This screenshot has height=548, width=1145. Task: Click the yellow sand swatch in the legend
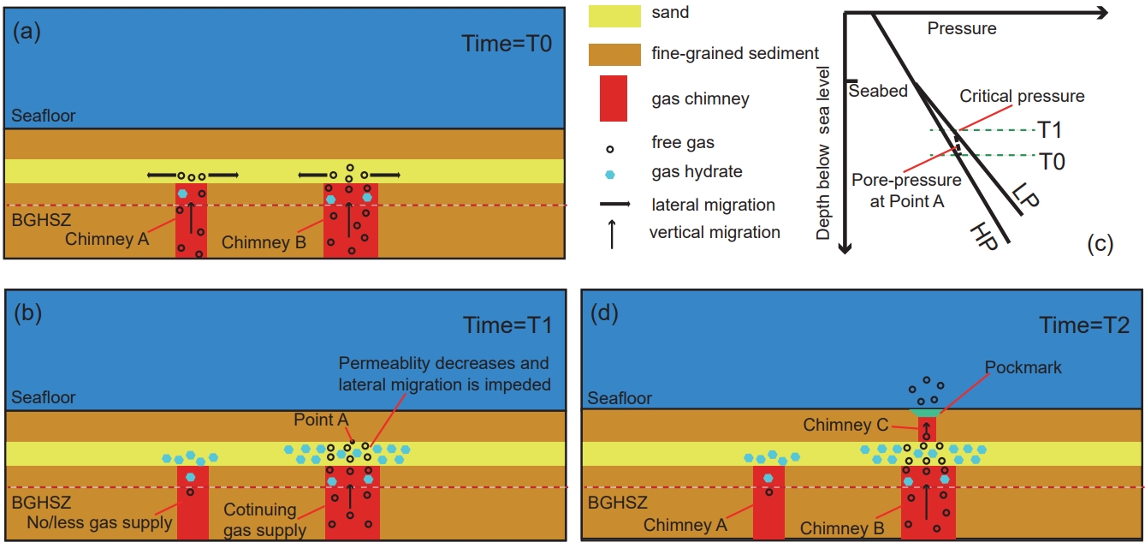click(614, 14)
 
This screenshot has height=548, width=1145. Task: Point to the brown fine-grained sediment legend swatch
click(614, 53)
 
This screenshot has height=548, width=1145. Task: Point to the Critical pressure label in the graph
click(1022, 96)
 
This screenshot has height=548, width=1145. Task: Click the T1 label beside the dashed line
click(1050, 130)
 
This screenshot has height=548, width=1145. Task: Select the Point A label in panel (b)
click(320, 420)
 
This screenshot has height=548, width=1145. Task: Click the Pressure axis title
click(962, 29)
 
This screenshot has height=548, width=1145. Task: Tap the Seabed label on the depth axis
click(878, 91)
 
